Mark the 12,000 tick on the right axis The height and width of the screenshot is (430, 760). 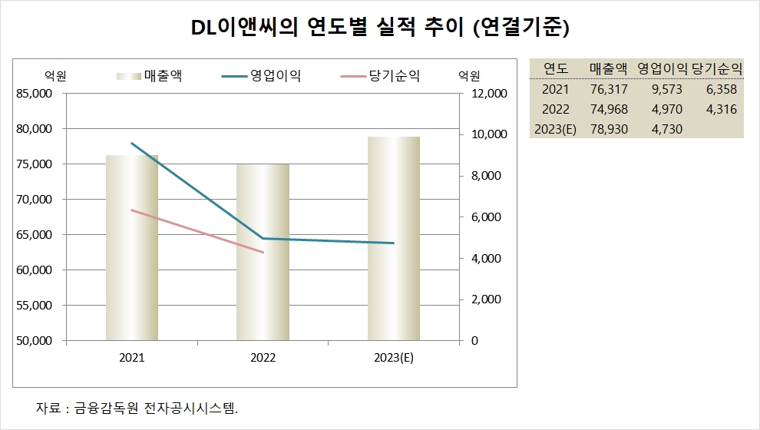pyautogui.click(x=485, y=94)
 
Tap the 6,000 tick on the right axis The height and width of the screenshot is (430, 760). pyautogui.click(x=482, y=217)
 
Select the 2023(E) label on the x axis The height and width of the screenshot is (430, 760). pyautogui.click(x=393, y=358)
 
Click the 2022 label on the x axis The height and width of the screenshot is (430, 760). pyautogui.click(x=263, y=358)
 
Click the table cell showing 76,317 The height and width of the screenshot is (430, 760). pyautogui.click(x=610, y=89)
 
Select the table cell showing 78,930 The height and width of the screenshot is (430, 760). pyautogui.click(x=610, y=129)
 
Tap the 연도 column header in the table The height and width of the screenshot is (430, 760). pyautogui.click(x=555, y=68)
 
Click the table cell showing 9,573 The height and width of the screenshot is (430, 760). pyautogui.click(x=666, y=89)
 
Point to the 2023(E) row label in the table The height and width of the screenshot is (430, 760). pyautogui.click(x=555, y=129)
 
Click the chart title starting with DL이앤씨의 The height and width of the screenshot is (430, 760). pyautogui.click(x=379, y=29)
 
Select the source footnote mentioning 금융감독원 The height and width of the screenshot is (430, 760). pyautogui.click(x=137, y=407)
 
